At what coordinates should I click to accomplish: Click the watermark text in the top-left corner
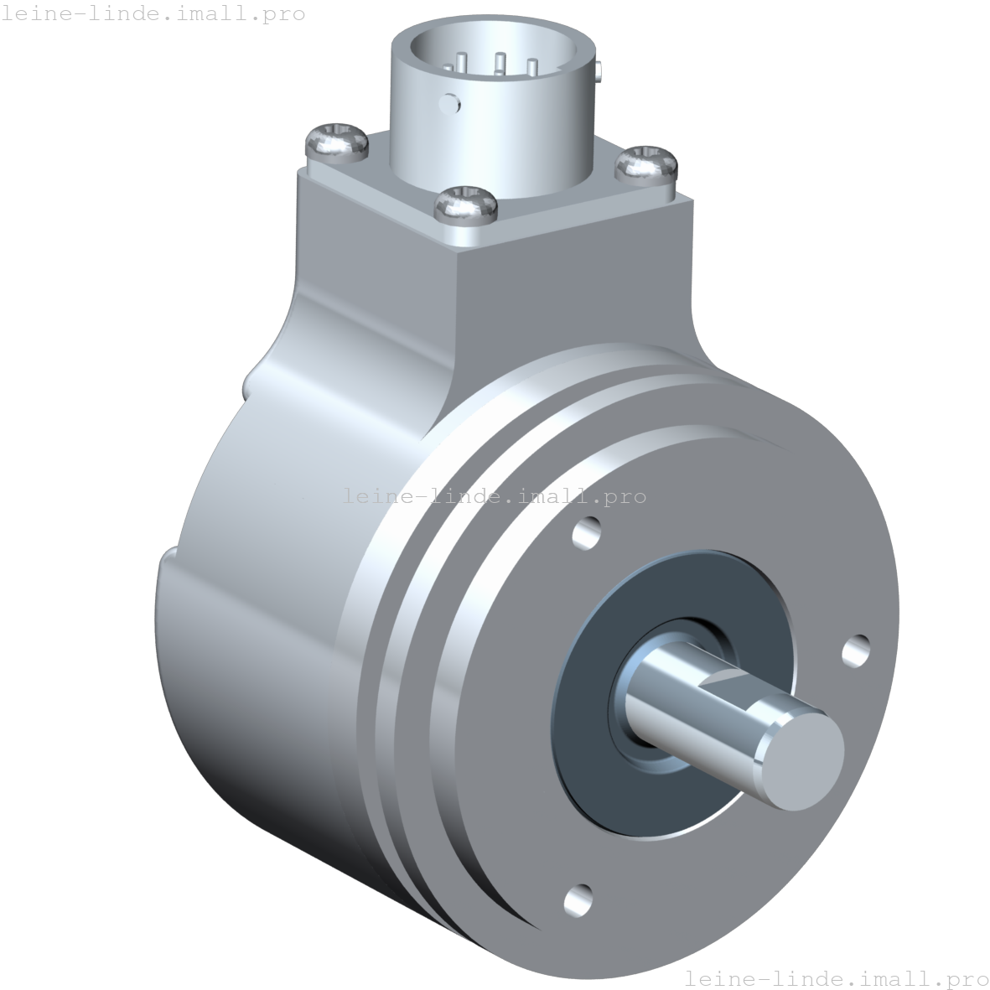click(153, 14)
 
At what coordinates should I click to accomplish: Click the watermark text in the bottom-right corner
click(836, 977)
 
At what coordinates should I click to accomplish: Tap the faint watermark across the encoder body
click(495, 496)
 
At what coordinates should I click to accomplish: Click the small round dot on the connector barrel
click(450, 104)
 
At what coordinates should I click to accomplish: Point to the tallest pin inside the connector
click(500, 62)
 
